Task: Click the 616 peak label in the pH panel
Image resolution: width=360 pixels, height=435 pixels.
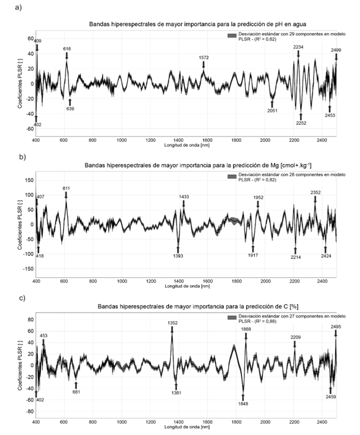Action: [67, 49]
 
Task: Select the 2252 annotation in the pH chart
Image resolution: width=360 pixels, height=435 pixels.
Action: [301, 123]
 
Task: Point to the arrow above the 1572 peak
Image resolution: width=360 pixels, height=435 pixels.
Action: [204, 65]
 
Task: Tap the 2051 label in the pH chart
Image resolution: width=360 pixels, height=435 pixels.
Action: [272, 111]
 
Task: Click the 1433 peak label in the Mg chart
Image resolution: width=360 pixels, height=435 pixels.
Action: [184, 196]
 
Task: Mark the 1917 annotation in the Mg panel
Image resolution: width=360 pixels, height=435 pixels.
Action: [253, 255]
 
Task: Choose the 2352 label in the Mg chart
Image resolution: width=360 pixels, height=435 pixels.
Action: [315, 192]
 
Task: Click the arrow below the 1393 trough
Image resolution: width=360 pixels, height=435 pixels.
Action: [178, 249]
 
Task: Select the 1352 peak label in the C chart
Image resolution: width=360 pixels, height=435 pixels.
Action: [172, 323]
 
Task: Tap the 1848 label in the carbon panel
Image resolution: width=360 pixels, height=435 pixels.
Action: [243, 404]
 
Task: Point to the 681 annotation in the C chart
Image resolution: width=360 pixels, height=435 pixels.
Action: [76, 392]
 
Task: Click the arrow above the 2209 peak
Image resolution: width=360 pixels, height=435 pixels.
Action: [295, 344]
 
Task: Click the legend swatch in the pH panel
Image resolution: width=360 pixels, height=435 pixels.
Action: [232, 35]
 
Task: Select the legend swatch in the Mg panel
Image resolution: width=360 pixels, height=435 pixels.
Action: [232, 176]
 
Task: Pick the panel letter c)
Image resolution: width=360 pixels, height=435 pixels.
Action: [23, 299]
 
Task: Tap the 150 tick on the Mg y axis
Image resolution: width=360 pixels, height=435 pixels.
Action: [29, 180]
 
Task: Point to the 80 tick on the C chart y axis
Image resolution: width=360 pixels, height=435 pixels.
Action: [31, 319]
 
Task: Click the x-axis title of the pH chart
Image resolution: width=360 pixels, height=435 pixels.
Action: [187, 145]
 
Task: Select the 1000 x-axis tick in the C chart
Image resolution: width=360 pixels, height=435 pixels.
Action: [122, 422]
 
